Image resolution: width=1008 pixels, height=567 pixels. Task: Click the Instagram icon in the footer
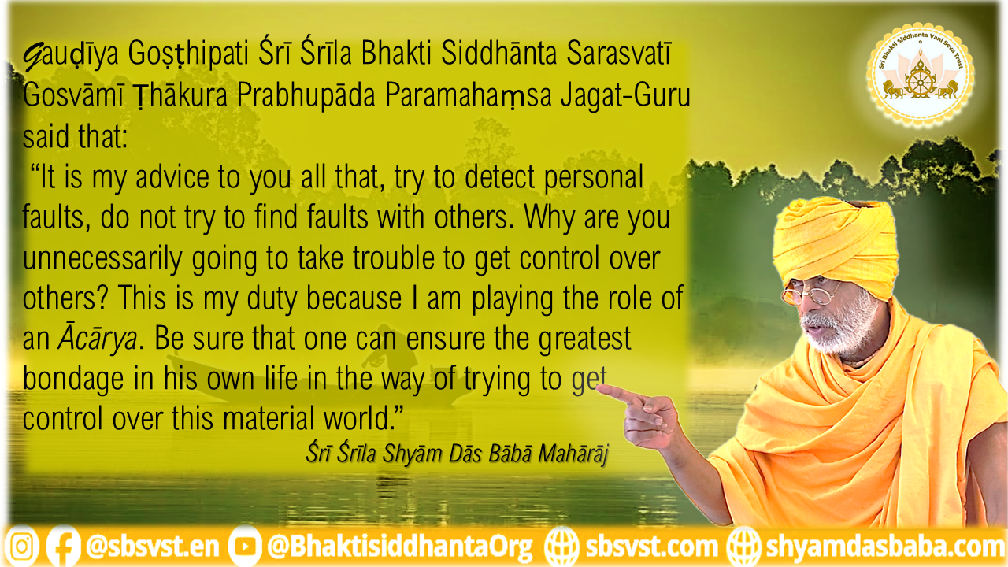click(x=21, y=547)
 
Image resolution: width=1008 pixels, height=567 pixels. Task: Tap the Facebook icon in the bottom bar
click(x=63, y=547)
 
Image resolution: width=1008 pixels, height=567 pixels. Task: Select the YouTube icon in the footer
click(x=245, y=547)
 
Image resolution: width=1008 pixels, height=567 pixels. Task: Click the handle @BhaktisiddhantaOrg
click(x=400, y=547)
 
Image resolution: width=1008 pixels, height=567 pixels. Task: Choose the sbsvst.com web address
click(x=651, y=547)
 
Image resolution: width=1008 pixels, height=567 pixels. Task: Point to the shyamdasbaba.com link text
click(x=884, y=547)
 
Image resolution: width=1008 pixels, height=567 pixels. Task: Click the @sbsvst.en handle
click(x=152, y=547)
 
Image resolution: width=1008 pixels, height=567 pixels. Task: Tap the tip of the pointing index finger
click(x=599, y=389)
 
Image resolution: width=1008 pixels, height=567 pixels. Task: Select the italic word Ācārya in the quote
click(x=97, y=339)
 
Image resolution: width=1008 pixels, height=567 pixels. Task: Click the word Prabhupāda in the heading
click(x=306, y=95)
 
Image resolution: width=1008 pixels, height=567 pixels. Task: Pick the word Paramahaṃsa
click(x=468, y=95)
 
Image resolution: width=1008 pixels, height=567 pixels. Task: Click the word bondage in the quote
click(x=73, y=379)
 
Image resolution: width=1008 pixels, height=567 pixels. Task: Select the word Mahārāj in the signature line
click(x=573, y=454)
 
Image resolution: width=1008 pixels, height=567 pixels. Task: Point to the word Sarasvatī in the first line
click(x=619, y=53)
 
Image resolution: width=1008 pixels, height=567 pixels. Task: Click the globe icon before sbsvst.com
click(x=561, y=547)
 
